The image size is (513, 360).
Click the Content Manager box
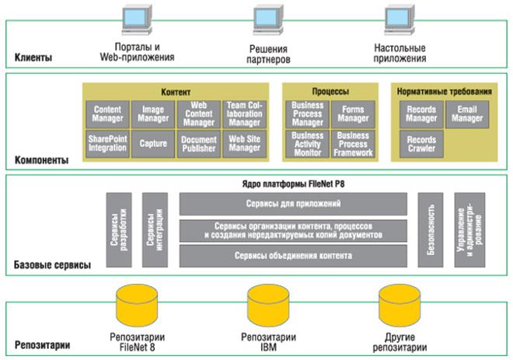(107, 115)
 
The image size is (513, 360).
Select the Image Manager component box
(153, 115)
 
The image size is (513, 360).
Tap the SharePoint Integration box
(107, 143)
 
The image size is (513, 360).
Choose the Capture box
(153, 143)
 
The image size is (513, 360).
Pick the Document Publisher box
(199, 143)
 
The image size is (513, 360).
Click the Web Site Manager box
(244, 143)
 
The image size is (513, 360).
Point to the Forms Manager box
(353, 115)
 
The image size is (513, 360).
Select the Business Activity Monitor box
(308, 144)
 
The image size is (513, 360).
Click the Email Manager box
(467, 115)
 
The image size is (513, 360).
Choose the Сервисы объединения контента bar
(293, 255)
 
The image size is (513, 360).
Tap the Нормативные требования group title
(445, 90)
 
